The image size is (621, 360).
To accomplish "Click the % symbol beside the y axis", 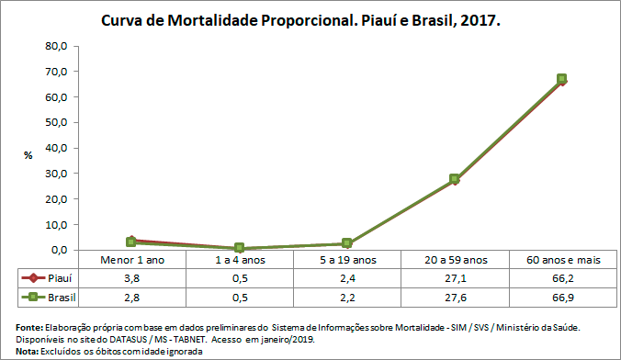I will [28, 154].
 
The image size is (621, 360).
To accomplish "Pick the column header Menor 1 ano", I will [132, 261].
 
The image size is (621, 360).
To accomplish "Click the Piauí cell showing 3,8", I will [132, 278].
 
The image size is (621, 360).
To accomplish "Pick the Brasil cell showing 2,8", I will [132, 298].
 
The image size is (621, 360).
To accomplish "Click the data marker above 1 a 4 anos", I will [239, 248].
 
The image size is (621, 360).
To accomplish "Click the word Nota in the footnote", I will [29, 350].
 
